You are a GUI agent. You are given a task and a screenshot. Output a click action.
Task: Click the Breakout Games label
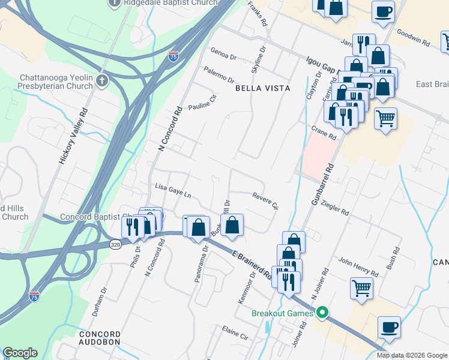(282, 313)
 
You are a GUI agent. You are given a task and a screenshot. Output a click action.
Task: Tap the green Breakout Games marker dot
(322, 313)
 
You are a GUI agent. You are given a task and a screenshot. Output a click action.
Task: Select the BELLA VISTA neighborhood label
(262, 88)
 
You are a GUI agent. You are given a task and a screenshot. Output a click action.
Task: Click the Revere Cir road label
(265, 200)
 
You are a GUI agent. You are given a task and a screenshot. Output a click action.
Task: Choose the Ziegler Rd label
(335, 208)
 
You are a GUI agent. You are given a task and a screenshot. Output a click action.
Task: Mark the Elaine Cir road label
(235, 334)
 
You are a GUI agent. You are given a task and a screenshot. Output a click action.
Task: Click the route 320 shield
(116, 244)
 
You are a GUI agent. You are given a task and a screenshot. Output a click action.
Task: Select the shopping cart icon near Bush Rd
(361, 287)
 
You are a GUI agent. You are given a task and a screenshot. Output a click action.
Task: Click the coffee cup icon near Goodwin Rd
(383, 11)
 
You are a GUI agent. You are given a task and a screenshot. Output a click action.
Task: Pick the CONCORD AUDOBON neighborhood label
(100, 338)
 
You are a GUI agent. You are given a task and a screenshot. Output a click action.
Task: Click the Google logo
(20, 353)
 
